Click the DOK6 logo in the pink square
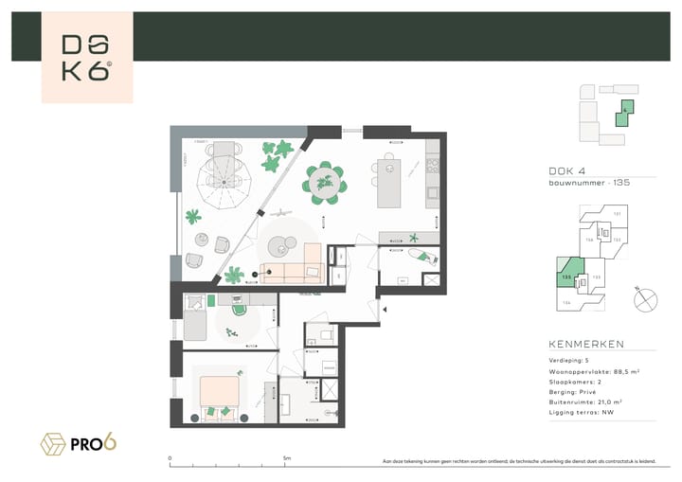pyautogui.click(x=87, y=58)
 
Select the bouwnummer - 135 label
pyautogui.click(x=589, y=182)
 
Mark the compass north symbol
pyautogui.click(x=644, y=298)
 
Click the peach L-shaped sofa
pyautogui.click(x=294, y=269)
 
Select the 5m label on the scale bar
pyautogui.click(x=287, y=458)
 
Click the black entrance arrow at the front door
pyautogui.click(x=384, y=308)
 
